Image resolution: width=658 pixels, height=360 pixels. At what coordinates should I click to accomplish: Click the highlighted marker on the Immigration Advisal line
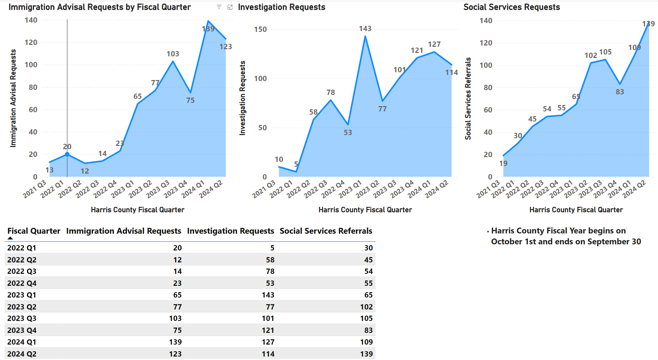point(67,154)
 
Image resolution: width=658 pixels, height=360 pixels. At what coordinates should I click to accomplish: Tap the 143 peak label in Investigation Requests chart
point(365,29)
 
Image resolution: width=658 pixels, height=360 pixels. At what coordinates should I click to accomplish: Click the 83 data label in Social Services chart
point(620,92)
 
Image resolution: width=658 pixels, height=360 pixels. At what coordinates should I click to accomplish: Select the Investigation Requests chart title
point(282,7)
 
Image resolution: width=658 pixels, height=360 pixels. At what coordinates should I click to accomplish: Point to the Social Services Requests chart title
point(511,7)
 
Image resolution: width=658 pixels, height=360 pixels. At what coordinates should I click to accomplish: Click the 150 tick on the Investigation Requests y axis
point(260,30)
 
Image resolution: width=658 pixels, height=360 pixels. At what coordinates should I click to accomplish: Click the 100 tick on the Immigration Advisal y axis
point(31,65)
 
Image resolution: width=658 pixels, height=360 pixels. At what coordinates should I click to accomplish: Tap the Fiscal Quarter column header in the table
point(34,231)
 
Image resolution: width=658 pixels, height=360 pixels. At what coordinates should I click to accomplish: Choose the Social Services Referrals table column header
point(326,231)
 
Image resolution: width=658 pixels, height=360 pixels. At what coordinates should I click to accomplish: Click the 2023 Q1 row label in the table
point(22,295)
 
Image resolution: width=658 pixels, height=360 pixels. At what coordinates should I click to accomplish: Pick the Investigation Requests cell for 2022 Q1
point(272,248)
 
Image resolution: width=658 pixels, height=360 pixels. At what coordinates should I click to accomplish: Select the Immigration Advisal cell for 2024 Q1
point(175,342)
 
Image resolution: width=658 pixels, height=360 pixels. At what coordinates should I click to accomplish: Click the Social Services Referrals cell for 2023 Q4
point(368,330)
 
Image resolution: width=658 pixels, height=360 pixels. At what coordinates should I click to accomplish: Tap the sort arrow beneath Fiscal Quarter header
point(10,238)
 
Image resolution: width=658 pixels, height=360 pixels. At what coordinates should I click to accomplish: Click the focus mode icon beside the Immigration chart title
point(230,7)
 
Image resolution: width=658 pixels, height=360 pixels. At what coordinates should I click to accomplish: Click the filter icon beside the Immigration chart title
point(219,7)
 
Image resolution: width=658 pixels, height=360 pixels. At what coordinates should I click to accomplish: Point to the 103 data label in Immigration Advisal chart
point(173,54)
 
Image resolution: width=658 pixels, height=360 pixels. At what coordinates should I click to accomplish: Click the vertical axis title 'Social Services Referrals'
point(468,98)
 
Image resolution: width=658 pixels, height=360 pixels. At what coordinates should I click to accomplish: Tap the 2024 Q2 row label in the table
point(22,354)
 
